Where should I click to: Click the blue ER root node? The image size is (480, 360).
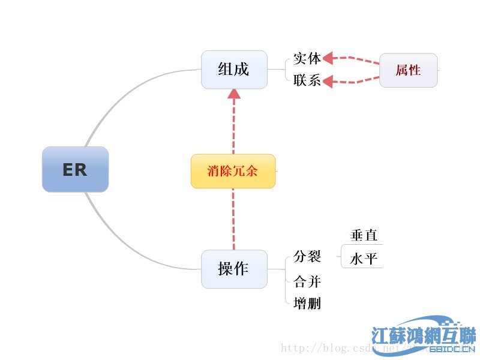click(75, 169)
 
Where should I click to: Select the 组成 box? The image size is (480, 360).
click(234, 69)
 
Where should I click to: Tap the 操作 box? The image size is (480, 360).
click(234, 269)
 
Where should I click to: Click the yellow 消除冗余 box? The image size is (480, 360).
click(233, 171)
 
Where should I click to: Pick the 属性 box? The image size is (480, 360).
click(409, 70)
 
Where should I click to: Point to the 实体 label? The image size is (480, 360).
click(307, 59)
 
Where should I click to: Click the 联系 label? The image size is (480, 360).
click(307, 80)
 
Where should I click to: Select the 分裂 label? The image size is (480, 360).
click(308, 257)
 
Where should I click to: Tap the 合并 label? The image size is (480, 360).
click(308, 280)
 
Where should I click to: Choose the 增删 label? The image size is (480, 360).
click(308, 304)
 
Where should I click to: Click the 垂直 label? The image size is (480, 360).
click(364, 235)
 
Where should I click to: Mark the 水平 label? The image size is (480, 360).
click(364, 259)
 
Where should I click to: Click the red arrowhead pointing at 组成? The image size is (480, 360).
click(234, 94)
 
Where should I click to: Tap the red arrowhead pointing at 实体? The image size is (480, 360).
click(328, 59)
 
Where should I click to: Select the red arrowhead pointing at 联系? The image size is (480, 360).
click(328, 82)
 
